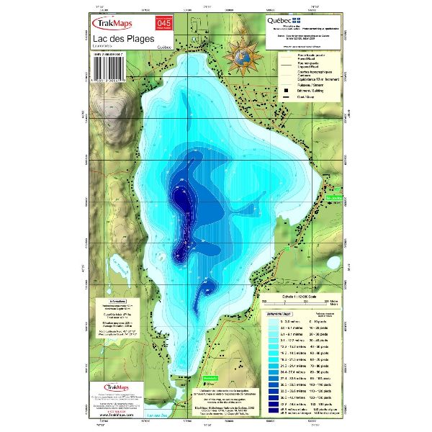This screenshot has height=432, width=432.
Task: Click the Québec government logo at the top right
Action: click(283, 21)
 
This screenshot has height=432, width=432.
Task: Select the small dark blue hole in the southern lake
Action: click(207, 289)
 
